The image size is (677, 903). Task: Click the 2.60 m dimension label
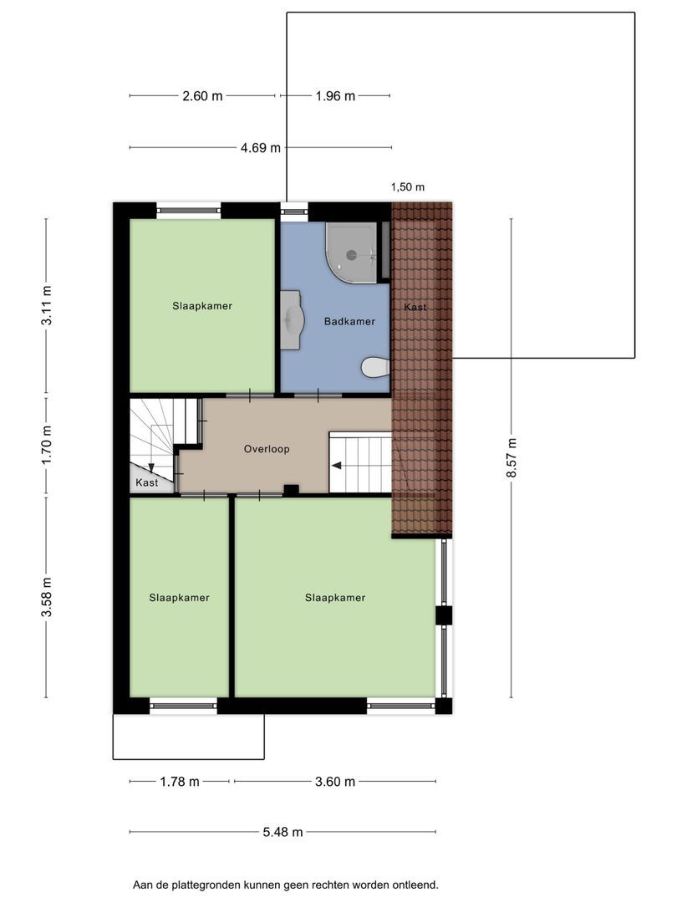tap(202, 96)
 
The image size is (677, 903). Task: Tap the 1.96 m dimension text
tap(335, 96)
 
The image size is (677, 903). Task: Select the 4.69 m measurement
tap(261, 148)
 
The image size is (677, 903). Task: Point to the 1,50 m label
tap(408, 186)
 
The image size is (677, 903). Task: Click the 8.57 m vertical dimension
tap(512, 458)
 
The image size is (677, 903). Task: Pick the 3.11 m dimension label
tap(47, 305)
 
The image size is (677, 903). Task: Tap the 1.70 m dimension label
tap(47, 445)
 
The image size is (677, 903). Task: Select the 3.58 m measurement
tap(47, 597)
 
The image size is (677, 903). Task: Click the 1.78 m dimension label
tap(180, 782)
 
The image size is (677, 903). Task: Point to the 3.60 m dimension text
tap(335, 782)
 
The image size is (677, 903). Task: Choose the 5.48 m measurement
tap(283, 832)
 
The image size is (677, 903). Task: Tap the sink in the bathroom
tap(292, 319)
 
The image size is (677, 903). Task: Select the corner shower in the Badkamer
tap(351, 253)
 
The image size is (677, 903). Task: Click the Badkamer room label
tap(349, 321)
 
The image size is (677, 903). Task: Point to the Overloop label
tap(267, 449)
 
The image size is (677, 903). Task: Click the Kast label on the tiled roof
tap(415, 307)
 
